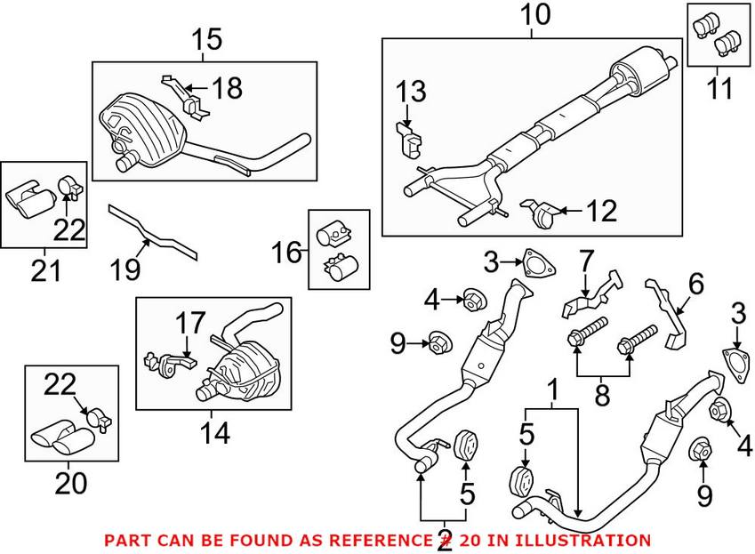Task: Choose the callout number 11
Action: [719, 88]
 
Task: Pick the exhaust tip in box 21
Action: [28, 201]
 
